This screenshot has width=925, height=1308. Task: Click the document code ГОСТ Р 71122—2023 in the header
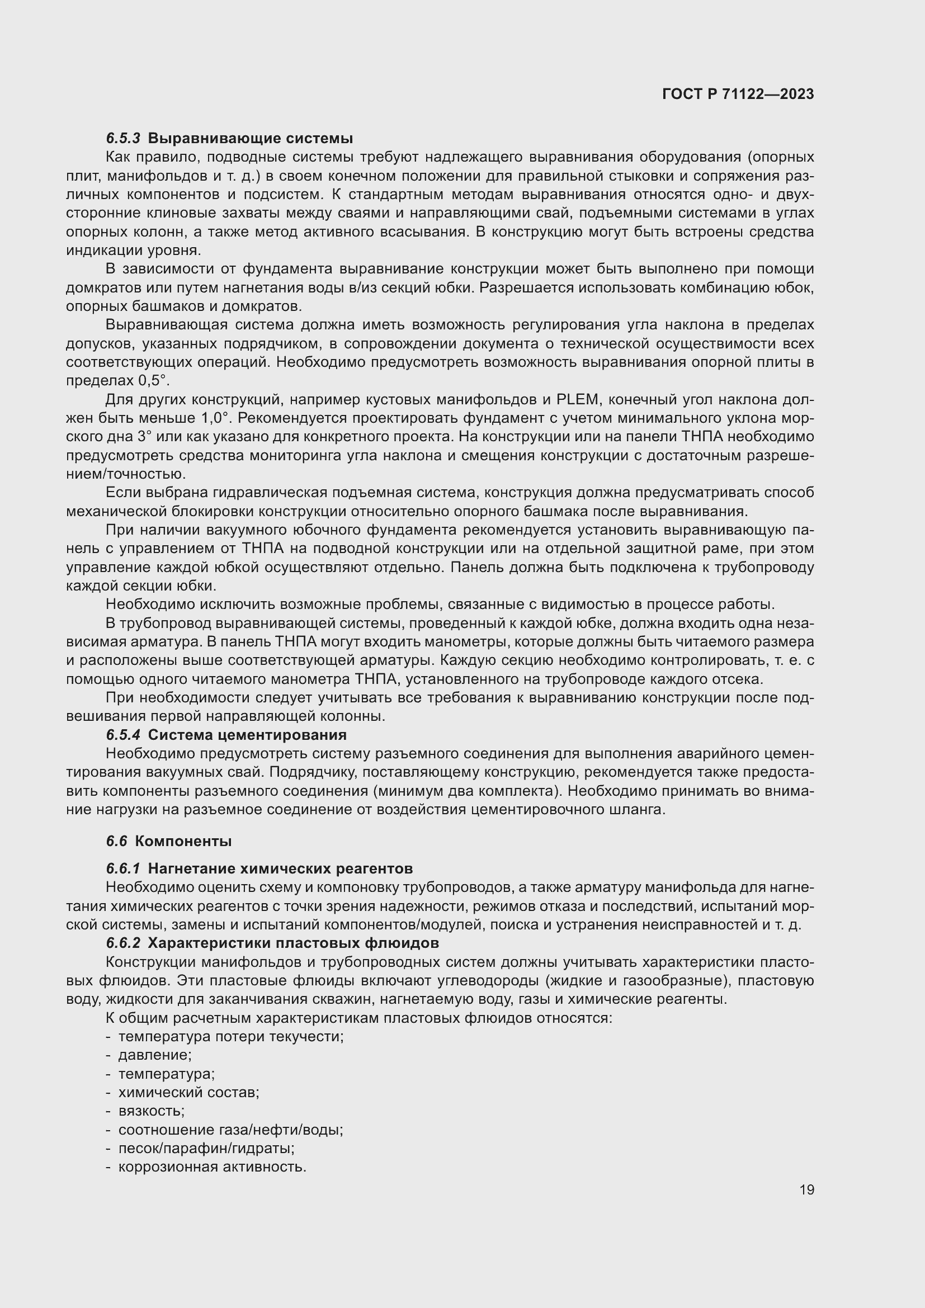pos(738,95)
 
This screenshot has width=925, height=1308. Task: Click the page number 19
pos(806,1190)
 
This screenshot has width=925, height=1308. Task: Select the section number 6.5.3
pos(122,139)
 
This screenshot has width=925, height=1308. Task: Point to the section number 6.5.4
pos(122,735)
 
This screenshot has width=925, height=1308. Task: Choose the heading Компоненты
pos(183,842)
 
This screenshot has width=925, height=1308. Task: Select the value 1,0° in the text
pos(215,419)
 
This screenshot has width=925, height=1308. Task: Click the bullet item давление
pos(154,1055)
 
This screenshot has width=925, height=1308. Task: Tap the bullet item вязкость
pos(151,1111)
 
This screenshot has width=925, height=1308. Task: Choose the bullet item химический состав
pos(188,1093)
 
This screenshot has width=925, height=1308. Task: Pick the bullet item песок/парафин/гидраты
pos(206,1149)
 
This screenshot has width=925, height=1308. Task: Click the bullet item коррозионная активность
pos(212,1167)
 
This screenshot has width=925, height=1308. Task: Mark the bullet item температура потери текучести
pos(230,1036)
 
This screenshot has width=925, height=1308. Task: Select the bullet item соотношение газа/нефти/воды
pos(230,1130)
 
